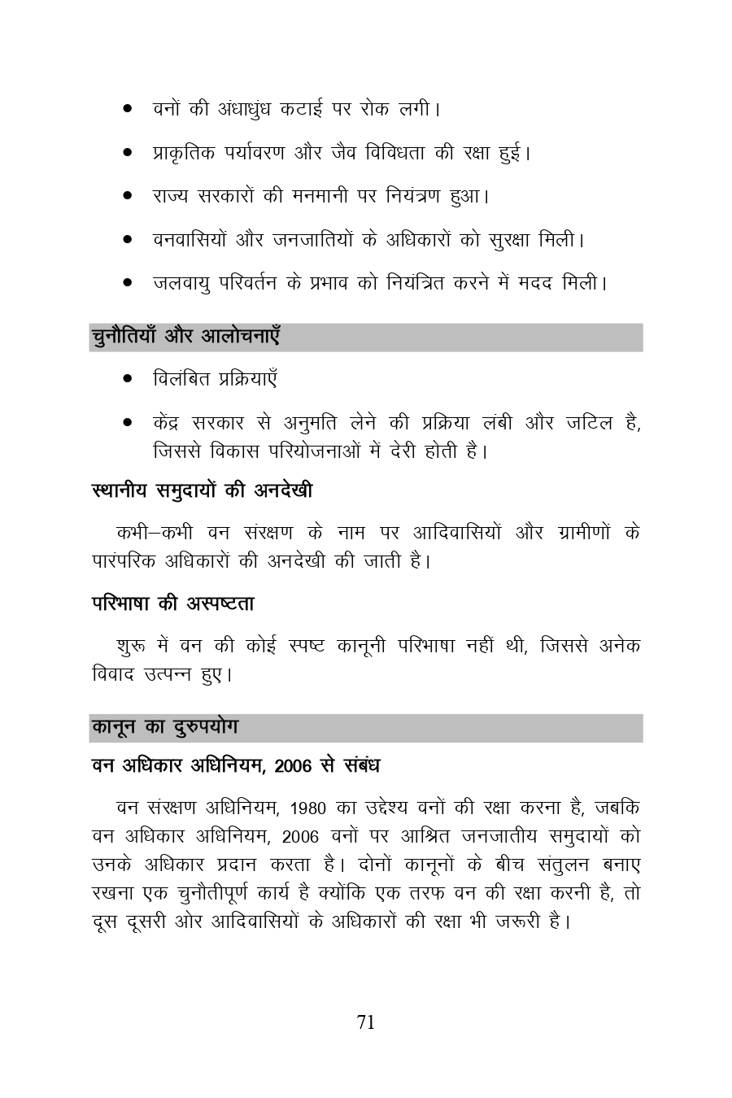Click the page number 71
[366, 1022]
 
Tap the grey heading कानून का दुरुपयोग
[164, 726]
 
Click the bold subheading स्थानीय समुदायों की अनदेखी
[202, 490]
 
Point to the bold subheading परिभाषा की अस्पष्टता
[172, 603]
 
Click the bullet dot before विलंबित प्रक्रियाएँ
[128, 379]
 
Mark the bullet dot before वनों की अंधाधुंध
[128, 108]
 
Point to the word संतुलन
[542, 864]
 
